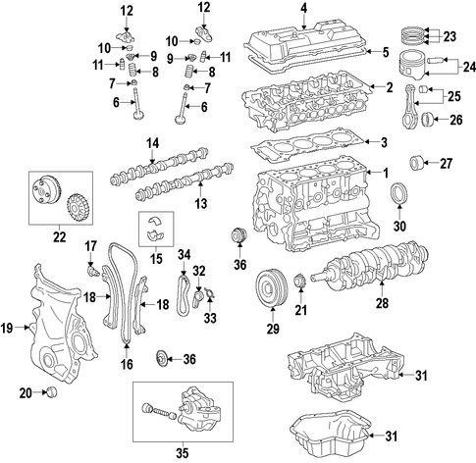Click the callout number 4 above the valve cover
point(304,9)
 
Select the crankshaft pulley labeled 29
point(272,288)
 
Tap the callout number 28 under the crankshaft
point(382,303)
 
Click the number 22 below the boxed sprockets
point(60,237)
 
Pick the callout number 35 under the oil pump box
point(183,453)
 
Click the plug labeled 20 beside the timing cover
point(52,391)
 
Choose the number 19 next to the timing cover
point(7,328)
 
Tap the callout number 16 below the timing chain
point(127,364)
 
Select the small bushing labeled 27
point(417,164)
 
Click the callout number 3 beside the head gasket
point(384,142)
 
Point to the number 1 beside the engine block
point(386,173)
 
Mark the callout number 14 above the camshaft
point(152,143)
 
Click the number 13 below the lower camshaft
point(201,203)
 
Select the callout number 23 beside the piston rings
point(450,36)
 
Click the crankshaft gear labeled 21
point(299,283)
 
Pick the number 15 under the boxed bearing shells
point(156,259)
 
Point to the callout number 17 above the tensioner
point(91,246)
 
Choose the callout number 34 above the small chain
point(184,255)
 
